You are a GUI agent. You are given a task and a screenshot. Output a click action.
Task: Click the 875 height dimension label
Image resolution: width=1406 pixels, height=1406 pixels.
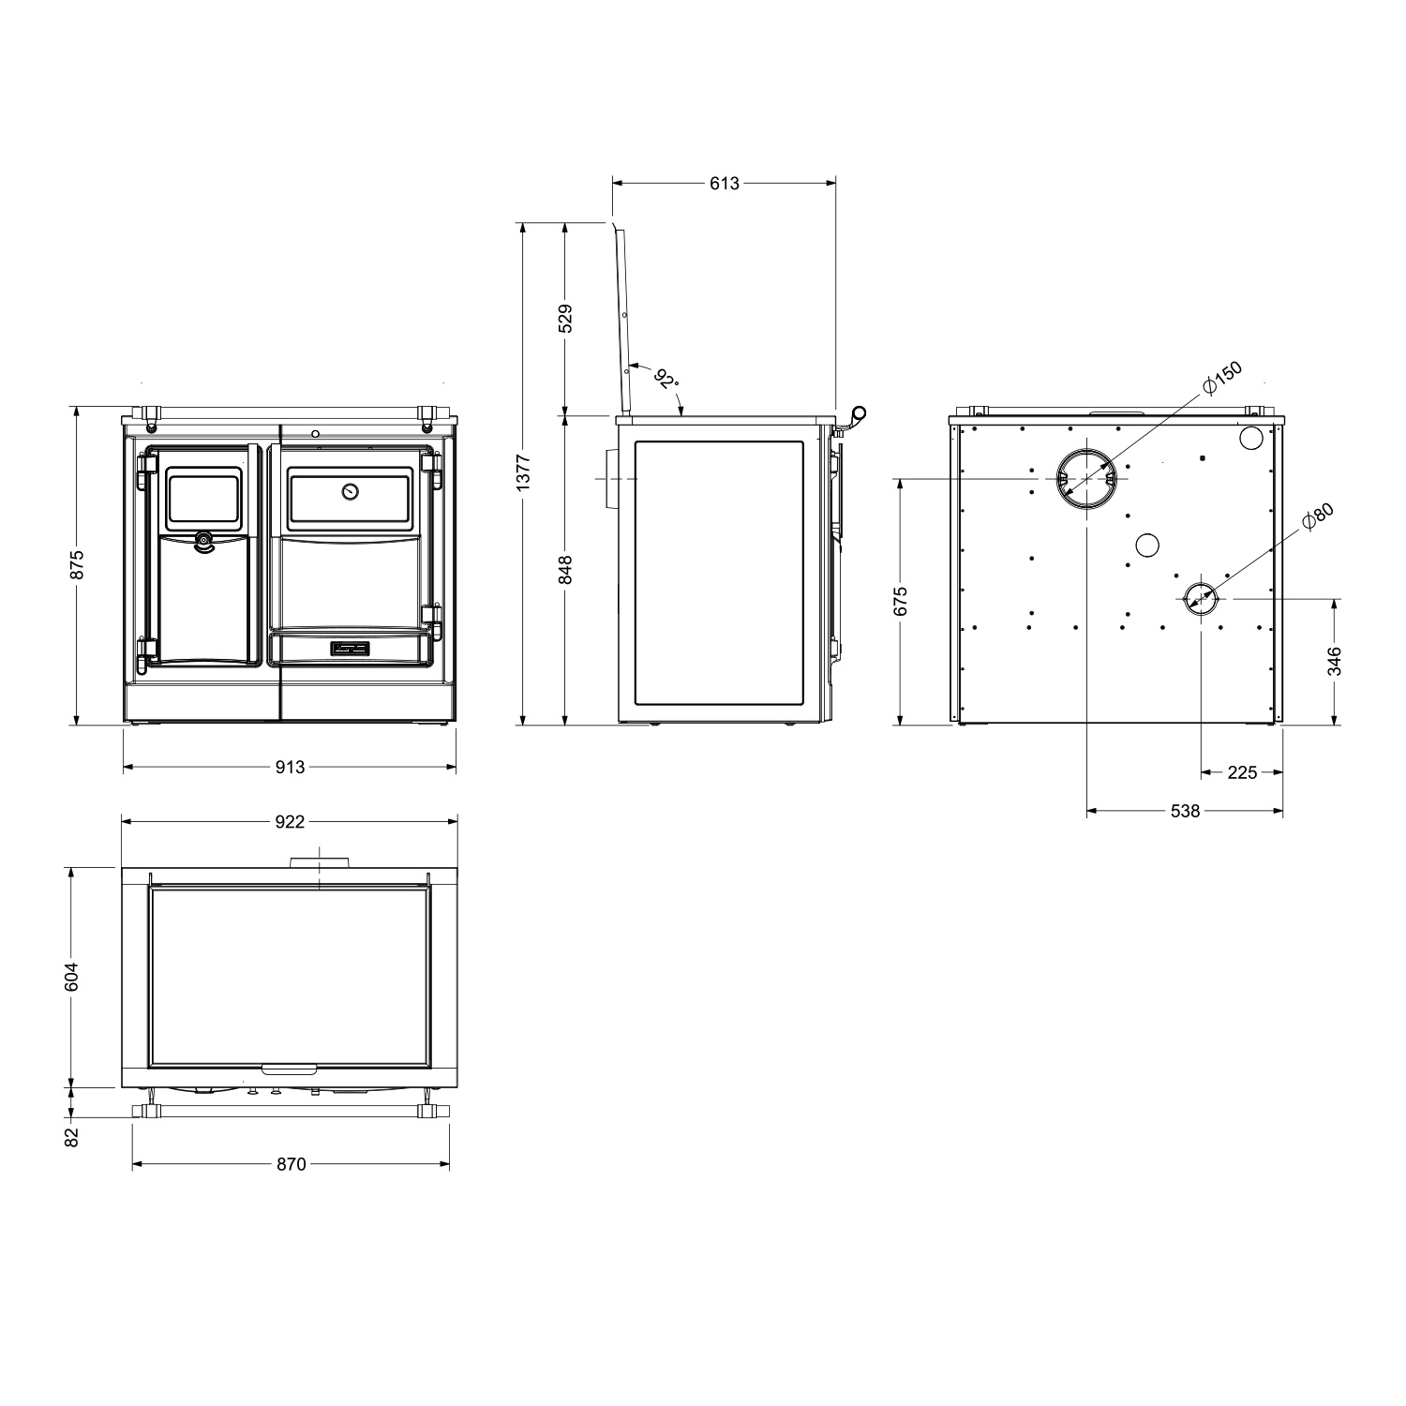(x=78, y=564)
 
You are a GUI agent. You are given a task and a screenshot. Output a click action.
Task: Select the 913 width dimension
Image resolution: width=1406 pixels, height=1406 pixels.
(x=291, y=767)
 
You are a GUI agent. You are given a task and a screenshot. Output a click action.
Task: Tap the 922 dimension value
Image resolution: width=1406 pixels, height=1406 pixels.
(x=291, y=822)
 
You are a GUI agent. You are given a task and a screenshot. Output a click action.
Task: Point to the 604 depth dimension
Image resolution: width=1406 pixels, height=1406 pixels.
(x=78, y=977)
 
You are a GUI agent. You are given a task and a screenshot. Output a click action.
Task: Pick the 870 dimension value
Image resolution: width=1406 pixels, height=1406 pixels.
(x=292, y=1164)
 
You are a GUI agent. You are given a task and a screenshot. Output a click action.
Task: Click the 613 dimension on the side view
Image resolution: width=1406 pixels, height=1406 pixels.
(x=724, y=184)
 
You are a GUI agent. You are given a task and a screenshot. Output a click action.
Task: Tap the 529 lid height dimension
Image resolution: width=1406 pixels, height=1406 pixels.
(x=565, y=319)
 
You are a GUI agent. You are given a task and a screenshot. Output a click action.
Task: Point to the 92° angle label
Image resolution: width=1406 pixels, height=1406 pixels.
(x=666, y=380)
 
